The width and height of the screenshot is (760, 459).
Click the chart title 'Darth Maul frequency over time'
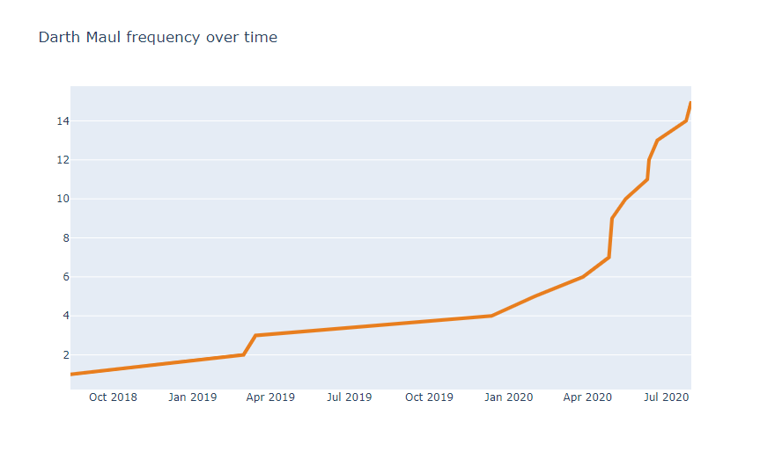(x=158, y=37)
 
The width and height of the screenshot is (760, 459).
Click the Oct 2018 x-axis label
(x=113, y=397)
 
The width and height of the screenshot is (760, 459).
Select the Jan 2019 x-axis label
(x=192, y=397)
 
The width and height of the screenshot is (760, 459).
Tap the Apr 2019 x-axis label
(x=270, y=397)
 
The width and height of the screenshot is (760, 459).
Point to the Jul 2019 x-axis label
(x=350, y=397)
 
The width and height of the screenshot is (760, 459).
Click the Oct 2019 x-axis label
(x=429, y=397)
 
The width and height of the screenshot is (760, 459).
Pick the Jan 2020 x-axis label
(x=508, y=397)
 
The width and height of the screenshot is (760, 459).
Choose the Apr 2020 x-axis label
(x=587, y=397)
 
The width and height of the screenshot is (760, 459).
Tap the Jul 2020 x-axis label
(x=666, y=397)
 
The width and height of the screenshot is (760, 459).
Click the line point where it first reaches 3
(x=255, y=335)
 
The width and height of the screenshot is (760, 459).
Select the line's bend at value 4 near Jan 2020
(x=491, y=316)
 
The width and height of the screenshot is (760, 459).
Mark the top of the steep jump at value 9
(x=612, y=218)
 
